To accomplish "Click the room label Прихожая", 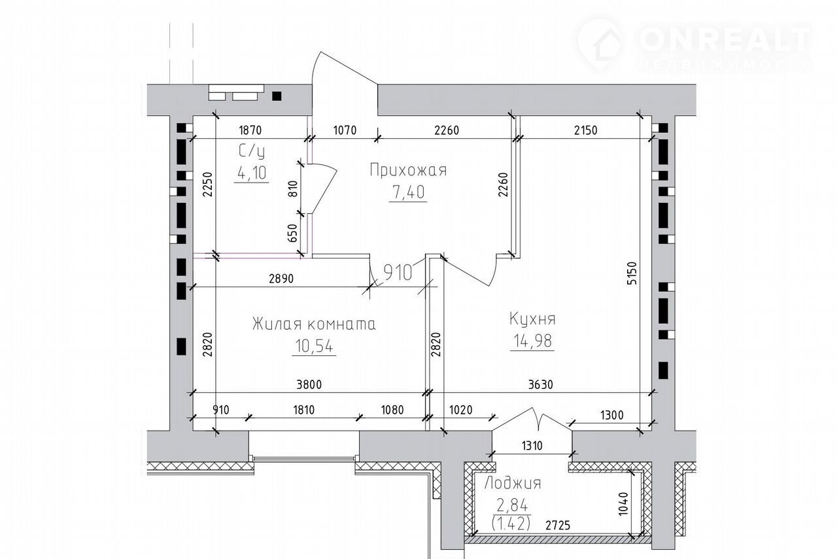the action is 408,170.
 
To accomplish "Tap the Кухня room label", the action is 532,319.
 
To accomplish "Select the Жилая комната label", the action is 314,324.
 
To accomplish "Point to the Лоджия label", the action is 513,484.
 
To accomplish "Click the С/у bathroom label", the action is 252,152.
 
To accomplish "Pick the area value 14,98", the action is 532,341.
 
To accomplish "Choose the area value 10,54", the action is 314,346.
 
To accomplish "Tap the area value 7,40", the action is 408,192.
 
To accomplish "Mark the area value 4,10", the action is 252,173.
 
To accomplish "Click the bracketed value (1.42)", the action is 511,524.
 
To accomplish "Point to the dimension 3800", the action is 309,385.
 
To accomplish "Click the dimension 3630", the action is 541,385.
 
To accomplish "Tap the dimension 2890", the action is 281,279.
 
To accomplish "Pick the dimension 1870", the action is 250,130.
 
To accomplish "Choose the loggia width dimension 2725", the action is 558,526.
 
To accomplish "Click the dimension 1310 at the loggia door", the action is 532,446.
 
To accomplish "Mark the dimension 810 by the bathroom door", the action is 293,189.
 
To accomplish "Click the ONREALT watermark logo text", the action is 724,39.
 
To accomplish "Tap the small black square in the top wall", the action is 277,96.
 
